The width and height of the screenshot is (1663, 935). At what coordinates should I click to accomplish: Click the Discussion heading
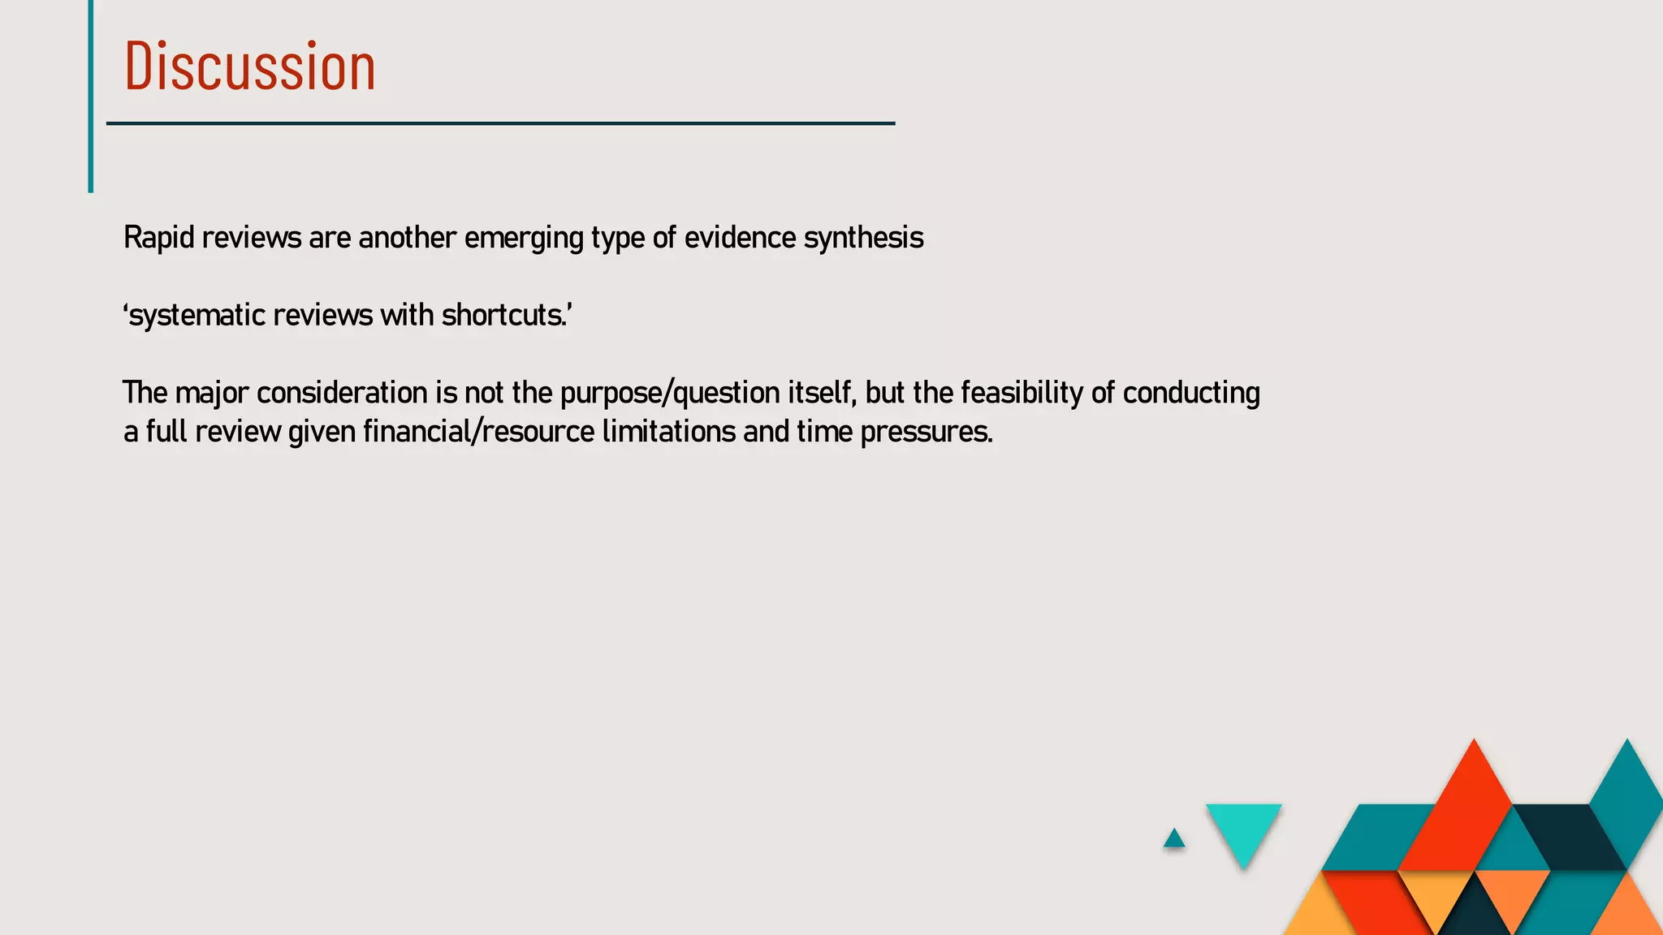(x=249, y=67)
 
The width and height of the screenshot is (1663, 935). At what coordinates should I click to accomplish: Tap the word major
(x=211, y=394)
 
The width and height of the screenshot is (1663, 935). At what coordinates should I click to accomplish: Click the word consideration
(x=342, y=394)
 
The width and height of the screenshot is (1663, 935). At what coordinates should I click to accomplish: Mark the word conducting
(x=1191, y=394)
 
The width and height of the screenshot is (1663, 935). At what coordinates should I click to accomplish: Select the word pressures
(x=926, y=432)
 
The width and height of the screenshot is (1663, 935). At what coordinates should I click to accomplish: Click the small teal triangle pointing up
(x=1174, y=839)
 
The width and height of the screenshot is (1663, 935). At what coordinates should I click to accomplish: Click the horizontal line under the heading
(x=500, y=123)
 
